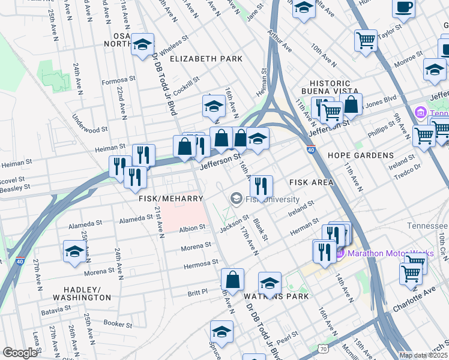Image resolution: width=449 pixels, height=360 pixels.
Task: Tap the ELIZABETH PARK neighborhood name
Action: (206, 59)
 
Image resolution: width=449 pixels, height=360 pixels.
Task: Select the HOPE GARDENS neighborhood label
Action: (360, 155)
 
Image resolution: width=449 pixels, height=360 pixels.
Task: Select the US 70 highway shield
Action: (323, 349)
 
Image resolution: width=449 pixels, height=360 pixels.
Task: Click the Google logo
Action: (20, 353)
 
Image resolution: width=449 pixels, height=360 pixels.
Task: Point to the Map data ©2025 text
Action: (423, 355)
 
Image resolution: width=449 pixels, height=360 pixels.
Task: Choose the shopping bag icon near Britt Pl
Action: (232, 280)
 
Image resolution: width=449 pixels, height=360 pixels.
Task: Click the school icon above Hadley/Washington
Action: (74, 251)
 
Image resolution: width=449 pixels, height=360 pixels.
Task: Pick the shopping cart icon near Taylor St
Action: (366, 40)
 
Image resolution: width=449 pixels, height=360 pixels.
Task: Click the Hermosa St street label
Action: (202, 263)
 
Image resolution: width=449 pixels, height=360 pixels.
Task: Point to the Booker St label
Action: (117, 324)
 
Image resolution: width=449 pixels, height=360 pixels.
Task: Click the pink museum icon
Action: (420, 112)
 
